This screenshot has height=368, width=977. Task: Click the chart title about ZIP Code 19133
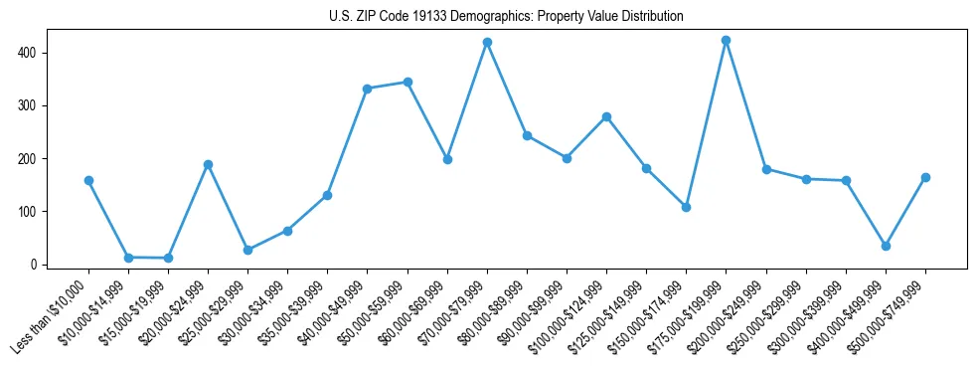(x=506, y=17)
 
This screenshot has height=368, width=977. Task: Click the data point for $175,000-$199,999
(x=726, y=41)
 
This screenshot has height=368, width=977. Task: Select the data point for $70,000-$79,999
(x=487, y=43)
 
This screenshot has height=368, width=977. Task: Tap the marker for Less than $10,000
(x=88, y=181)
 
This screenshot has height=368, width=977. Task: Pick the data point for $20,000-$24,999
(x=208, y=164)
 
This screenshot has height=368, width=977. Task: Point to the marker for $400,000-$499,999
(x=886, y=246)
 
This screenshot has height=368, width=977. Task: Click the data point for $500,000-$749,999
(x=925, y=177)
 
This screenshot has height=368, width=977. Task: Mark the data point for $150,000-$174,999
(x=686, y=207)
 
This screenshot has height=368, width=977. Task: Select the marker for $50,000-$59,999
(x=407, y=82)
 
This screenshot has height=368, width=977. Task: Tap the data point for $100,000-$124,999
(x=606, y=116)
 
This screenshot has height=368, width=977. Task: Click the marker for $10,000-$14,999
(x=128, y=258)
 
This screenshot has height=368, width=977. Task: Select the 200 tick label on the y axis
(x=33, y=159)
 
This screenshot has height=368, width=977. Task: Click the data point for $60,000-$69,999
(x=447, y=159)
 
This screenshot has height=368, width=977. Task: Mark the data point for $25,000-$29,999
(x=247, y=250)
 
